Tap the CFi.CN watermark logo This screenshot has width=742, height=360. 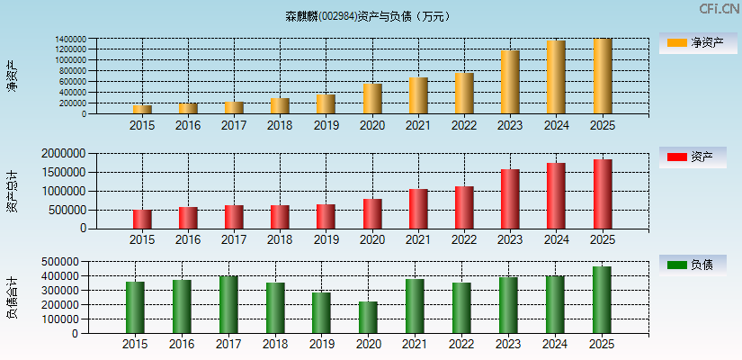(719, 9)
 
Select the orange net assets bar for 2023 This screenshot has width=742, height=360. (510, 82)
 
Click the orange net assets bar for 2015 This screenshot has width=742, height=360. (142, 110)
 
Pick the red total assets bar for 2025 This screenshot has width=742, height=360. (603, 194)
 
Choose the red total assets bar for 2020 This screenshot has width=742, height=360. (372, 214)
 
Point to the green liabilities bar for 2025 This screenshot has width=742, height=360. (602, 300)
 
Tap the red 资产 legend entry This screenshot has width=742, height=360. (692, 157)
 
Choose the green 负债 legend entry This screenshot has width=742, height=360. (692, 265)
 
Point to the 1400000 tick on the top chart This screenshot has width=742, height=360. (70, 40)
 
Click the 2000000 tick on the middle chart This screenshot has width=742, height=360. (63, 154)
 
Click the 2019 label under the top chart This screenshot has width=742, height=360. (326, 126)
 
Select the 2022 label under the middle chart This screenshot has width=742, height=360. (464, 240)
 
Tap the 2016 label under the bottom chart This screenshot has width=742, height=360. (182, 345)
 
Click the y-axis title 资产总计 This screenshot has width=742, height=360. (12, 190)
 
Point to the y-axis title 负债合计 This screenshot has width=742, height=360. (12, 298)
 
